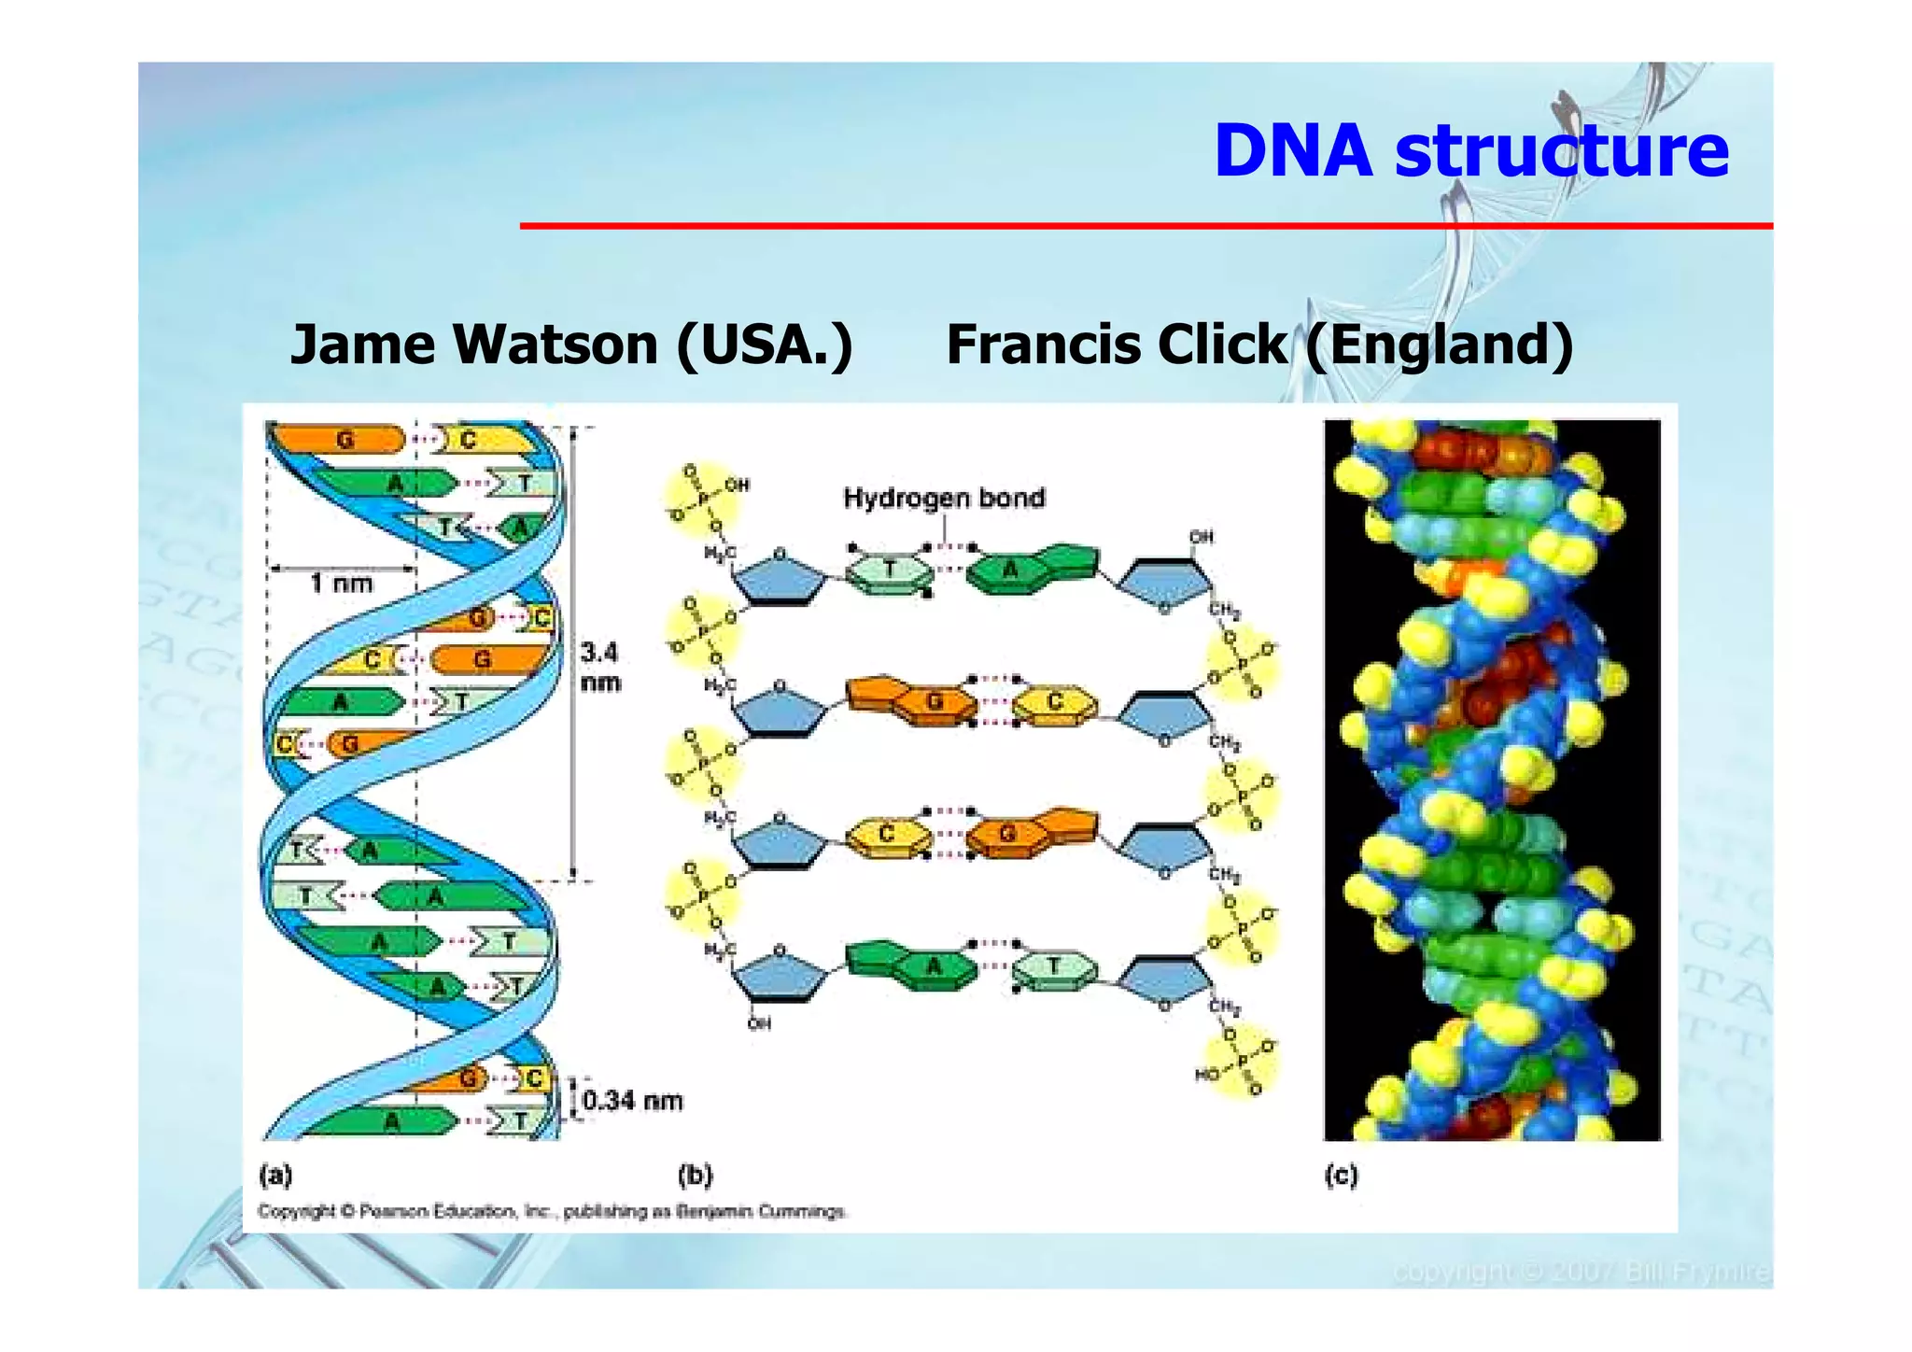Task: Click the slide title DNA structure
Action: click(1470, 151)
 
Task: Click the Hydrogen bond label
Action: click(944, 498)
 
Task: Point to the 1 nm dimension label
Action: click(342, 584)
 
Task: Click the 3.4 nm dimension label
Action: click(599, 667)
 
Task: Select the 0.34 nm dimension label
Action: click(632, 1101)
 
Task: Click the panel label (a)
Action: click(275, 1175)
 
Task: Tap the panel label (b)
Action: click(696, 1175)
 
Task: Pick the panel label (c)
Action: click(1341, 1175)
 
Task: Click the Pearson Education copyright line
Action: click(552, 1212)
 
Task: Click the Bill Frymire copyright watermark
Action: click(1580, 1273)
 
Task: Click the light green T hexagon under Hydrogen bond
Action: click(889, 570)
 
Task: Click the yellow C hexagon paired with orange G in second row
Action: click(1055, 702)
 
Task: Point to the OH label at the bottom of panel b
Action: click(759, 1024)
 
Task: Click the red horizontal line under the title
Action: click(1146, 226)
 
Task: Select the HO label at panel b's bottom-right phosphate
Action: click(1207, 1076)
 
